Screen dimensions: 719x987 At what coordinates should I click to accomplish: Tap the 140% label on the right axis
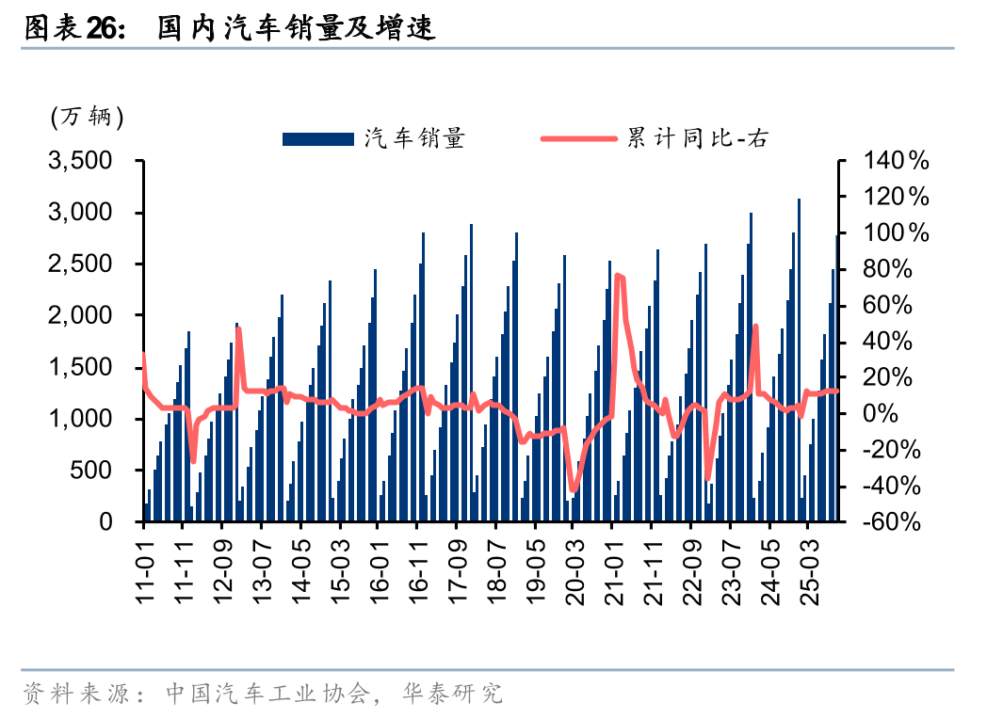click(x=896, y=162)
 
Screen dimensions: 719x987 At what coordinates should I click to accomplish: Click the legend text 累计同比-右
click(x=698, y=139)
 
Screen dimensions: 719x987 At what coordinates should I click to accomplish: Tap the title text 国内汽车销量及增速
click(x=294, y=29)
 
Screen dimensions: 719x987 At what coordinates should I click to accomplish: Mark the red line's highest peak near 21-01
click(x=618, y=275)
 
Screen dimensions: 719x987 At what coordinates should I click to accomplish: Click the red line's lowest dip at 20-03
click(x=574, y=489)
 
